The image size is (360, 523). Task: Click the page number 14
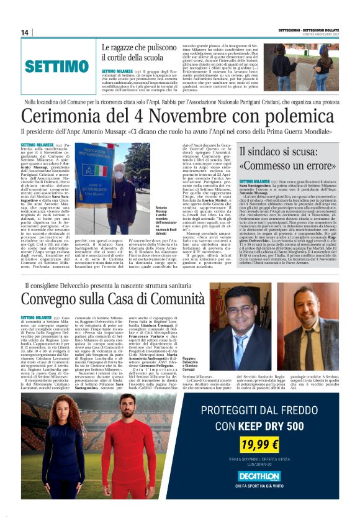pyautogui.click(x=25, y=32)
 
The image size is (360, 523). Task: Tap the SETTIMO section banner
pyautogui.click(x=56, y=66)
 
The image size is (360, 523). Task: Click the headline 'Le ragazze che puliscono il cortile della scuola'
pyautogui.click(x=143, y=52)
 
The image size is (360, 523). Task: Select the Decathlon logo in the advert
pyautogui.click(x=258, y=476)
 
